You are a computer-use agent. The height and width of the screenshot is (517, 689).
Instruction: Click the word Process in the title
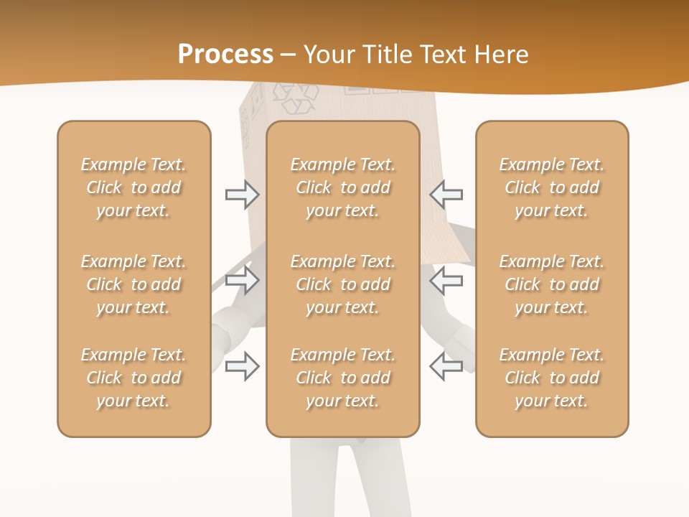click(x=225, y=54)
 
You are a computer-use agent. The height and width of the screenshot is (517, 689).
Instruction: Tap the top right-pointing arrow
click(x=243, y=195)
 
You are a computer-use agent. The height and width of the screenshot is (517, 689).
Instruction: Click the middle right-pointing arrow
click(x=243, y=279)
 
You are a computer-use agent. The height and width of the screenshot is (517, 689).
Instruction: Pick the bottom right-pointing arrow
click(x=243, y=365)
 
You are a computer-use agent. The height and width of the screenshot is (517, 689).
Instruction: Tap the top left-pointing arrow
click(x=446, y=194)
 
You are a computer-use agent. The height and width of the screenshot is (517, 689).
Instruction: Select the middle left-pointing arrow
click(x=446, y=279)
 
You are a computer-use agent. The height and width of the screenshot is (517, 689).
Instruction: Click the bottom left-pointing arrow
click(x=446, y=365)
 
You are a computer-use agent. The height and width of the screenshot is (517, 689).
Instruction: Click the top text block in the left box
click(x=133, y=187)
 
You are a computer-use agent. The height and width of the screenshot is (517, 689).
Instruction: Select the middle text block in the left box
click(x=133, y=284)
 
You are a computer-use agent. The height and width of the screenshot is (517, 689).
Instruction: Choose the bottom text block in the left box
click(x=133, y=378)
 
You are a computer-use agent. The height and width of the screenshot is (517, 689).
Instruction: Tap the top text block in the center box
click(x=342, y=187)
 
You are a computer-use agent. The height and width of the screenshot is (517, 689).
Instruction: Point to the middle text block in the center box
click(x=342, y=284)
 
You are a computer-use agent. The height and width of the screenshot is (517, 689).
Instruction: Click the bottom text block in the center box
click(x=342, y=378)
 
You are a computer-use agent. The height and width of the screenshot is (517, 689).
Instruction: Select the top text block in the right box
click(x=551, y=187)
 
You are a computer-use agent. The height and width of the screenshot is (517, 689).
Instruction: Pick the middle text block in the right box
click(x=551, y=284)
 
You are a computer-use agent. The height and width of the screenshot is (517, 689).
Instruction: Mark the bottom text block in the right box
click(x=551, y=378)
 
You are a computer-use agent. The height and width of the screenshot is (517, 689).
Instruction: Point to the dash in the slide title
click(x=289, y=55)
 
